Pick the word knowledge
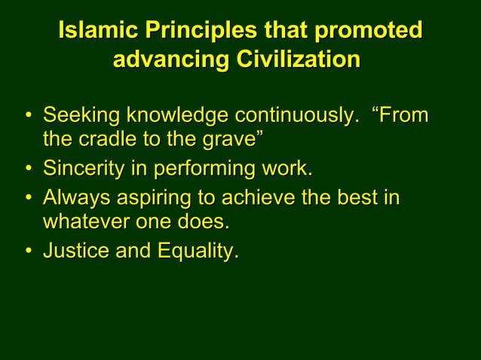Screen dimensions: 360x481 point(177,116)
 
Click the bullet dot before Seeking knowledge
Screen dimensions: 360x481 point(28,117)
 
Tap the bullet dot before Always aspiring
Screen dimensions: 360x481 point(28,199)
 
